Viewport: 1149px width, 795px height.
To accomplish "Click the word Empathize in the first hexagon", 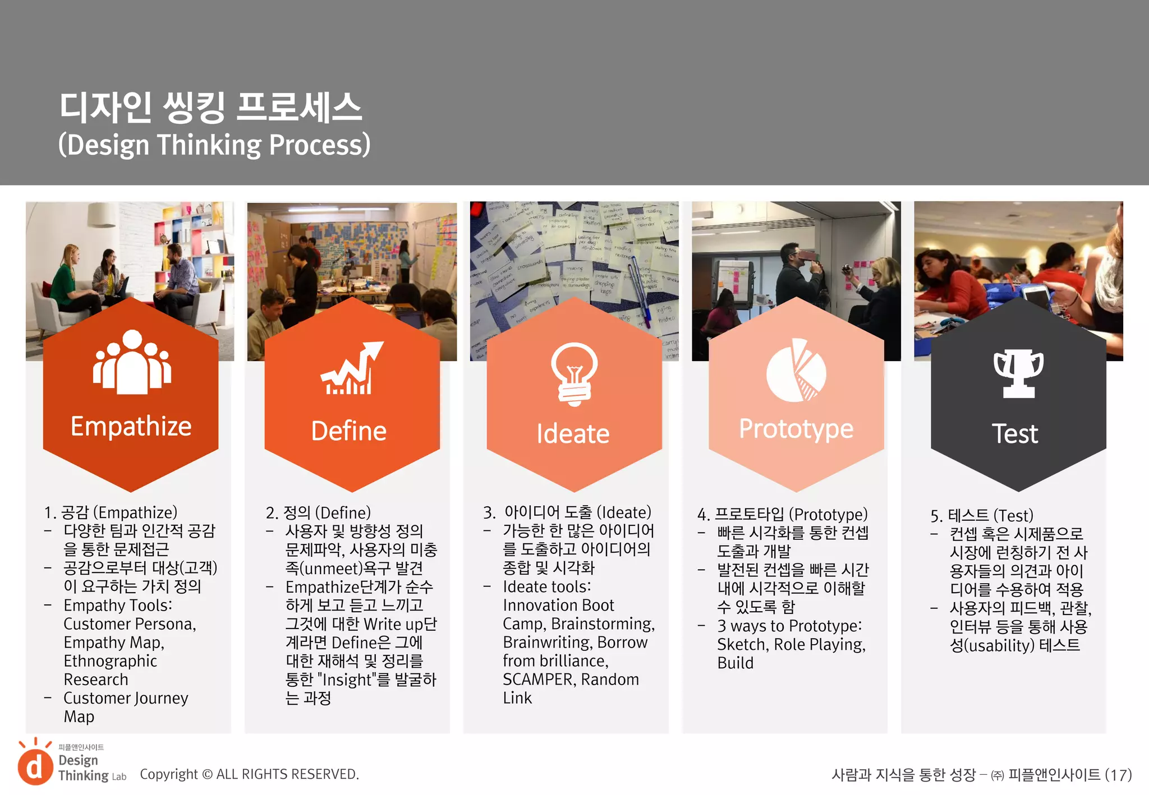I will [131, 427].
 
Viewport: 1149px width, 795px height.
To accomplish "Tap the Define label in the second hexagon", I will [349, 431].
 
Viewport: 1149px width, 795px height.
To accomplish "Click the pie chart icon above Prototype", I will [797, 371].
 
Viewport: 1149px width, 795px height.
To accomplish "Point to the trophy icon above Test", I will [1018, 373].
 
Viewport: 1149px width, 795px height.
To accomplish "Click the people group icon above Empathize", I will [132, 362].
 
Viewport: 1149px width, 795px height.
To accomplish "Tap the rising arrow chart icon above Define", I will [352, 368].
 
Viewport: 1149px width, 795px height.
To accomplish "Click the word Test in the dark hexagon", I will [1015, 434].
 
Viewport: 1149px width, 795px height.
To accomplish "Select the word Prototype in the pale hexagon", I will [796, 429].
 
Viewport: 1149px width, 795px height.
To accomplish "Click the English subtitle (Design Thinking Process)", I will [214, 145].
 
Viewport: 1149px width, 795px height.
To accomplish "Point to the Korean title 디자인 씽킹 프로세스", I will [211, 107].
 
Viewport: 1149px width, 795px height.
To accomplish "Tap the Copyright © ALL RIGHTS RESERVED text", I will [249, 774].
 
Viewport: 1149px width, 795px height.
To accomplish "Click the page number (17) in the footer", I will [1118, 775].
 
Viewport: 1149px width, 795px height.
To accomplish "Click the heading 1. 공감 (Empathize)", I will [111, 512].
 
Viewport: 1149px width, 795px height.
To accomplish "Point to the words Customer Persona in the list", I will [129, 624].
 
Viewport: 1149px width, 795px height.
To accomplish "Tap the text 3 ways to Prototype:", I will [789, 626].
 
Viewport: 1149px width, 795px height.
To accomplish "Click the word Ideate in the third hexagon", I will [573, 434].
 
